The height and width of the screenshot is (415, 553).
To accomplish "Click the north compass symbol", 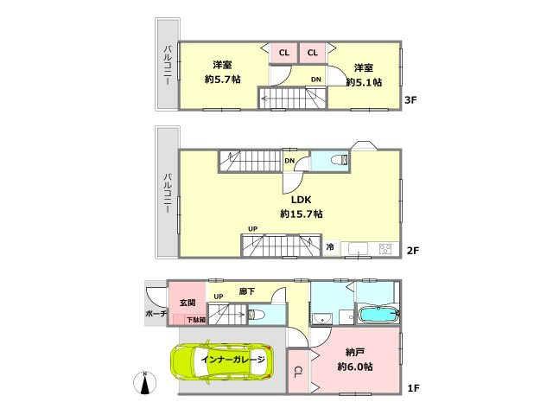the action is pyautogui.click(x=145, y=383).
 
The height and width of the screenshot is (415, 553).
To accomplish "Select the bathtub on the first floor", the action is pyautogui.click(x=378, y=314).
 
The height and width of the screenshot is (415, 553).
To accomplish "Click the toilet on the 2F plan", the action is pyautogui.click(x=340, y=160).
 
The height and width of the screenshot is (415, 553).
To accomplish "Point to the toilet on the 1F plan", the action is pyautogui.click(x=256, y=314).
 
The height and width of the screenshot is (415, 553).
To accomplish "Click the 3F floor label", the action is pyautogui.click(x=410, y=100).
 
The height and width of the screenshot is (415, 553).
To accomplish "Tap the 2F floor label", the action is pyautogui.click(x=413, y=251).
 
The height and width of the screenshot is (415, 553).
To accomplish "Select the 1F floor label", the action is pyautogui.click(x=413, y=388).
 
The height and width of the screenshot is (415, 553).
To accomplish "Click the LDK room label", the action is pyautogui.click(x=301, y=200).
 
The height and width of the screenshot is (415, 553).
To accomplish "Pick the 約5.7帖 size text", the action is pyautogui.click(x=223, y=80).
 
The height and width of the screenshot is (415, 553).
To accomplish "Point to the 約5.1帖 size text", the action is pyautogui.click(x=364, y=82).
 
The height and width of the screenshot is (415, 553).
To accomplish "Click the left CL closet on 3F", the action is pyautogui.click(x=283, y=53).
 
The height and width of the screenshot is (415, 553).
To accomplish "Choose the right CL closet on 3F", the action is pyautogui.click(x=313, y=53).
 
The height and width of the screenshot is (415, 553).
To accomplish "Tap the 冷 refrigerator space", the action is pyautogui.click(x=330, y=246).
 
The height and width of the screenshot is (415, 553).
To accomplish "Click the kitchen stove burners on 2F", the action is pyautogui.click(x=385, y=249).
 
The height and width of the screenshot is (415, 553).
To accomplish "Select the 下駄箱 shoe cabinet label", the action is pyautogui.click(x=196, y=320).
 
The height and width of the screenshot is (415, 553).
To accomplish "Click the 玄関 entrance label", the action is pyautogui.click(x=188, y=303).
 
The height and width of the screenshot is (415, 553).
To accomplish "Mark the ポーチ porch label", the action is pyautogui.click(x=156, y=313).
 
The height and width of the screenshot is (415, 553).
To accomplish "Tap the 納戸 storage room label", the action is pyautogui.click(x=355, y=352).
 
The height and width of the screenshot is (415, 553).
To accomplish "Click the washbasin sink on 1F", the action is pyautogui.click(x=321, y=319).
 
